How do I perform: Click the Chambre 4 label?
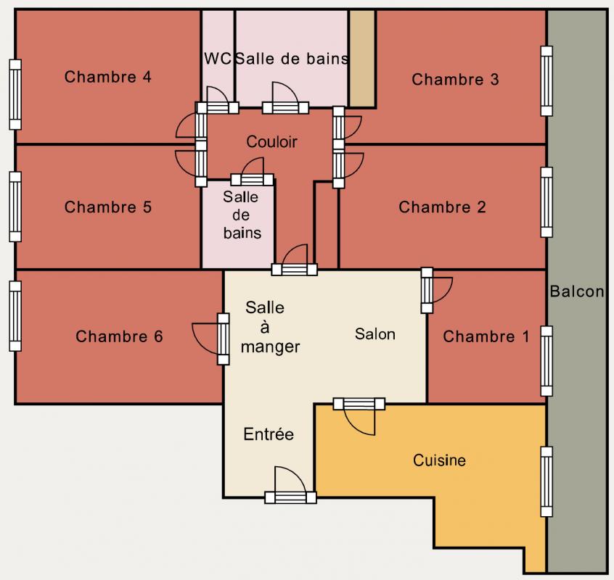coord(107,77)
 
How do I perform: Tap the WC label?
coord(218,58)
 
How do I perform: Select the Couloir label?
coord(271,141)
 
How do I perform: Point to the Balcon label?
coord(577,291)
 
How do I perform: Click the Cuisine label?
coord(439,460)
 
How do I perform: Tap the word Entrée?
coord(269,434)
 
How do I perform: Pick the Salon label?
coord(375,334)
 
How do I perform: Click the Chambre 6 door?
coord(211,339)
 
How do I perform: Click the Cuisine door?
coord(359,416)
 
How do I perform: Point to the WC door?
coord(217,100)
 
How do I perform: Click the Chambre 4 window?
coord(15,94)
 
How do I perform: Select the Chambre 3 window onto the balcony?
coord(547,81)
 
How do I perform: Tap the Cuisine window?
coord(547,481)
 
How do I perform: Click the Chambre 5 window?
coord(15,207)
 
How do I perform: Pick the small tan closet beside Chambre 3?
coord(362,58)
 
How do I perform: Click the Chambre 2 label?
coord(442,207)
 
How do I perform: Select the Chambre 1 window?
coord(547,361)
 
